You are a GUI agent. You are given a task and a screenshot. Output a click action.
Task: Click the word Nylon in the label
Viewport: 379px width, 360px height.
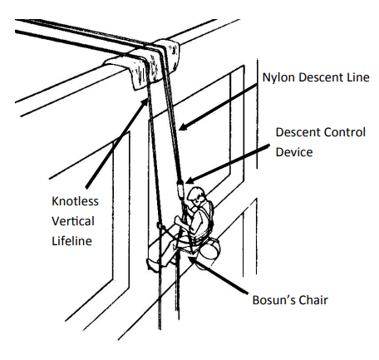[279, 77]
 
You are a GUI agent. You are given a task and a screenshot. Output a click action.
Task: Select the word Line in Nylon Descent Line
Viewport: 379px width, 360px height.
[358, 77]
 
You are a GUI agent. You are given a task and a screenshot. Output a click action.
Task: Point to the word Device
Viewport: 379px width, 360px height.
[294, 152]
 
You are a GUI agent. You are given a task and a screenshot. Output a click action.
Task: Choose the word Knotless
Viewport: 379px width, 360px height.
[75, 201]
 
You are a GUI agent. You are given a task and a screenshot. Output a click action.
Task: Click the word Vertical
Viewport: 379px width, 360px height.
[73, 221]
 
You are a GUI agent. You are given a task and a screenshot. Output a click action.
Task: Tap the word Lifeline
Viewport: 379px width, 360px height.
[71, 241]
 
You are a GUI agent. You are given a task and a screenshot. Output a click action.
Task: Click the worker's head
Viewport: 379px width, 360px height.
[197, 196]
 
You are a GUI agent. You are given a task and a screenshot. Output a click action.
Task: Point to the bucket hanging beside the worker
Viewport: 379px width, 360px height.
[209, 253]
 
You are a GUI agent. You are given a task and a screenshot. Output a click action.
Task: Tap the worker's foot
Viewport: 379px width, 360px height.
[152, 264]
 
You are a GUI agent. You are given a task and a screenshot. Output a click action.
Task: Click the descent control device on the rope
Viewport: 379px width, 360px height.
[180, 190]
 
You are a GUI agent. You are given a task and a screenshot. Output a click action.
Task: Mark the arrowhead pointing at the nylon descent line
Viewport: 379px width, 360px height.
[184, 126]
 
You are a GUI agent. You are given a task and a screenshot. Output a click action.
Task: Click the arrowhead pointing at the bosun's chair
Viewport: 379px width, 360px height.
[194, 260]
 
